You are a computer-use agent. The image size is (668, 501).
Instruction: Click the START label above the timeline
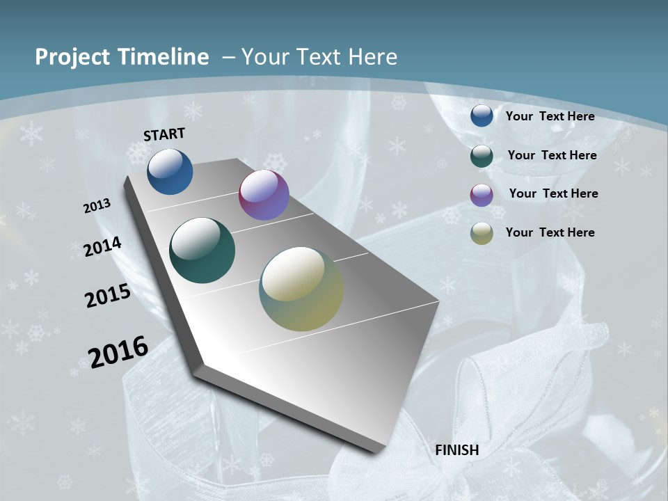[x=164, y=134]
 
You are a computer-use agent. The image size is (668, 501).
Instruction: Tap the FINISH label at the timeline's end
[x=457, y=450]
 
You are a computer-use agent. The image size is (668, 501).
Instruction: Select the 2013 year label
[x=97, y=206]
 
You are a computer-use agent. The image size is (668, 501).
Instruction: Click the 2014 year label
[x=103, y=247]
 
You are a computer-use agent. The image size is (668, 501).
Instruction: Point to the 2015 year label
[x=108, y=296]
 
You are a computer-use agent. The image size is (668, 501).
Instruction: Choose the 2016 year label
[x=118, y=352]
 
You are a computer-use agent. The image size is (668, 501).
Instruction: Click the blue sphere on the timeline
[x=170, y=171]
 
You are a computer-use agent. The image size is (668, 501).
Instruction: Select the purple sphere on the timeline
[x=264, y=195]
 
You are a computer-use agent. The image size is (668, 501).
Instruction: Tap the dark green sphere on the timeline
[x=202, y=250]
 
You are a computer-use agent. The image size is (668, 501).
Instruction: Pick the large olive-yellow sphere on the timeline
[x=301, y=289]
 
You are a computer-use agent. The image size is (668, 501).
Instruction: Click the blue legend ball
[x=482, y=116]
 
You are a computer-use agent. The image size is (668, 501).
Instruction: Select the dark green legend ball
[x=482, y=156]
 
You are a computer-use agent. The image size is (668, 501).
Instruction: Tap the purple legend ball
[x=482, y=195]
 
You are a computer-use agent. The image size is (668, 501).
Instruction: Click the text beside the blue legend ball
[x=550, y=116]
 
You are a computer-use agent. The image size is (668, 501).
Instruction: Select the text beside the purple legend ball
[x=553, y=193]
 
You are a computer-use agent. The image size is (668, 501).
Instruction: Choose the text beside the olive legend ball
[x=550, y=232]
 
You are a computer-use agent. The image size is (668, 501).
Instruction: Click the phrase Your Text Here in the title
[x=319, y=57]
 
